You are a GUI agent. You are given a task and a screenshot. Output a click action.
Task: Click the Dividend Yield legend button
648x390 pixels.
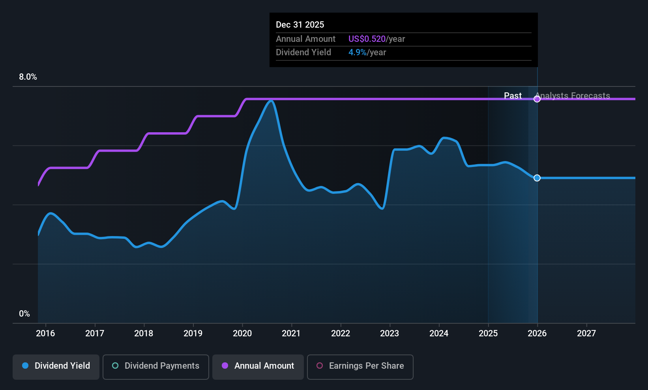(56, 366)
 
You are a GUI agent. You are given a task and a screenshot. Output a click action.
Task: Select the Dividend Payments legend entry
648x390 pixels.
(156, 366)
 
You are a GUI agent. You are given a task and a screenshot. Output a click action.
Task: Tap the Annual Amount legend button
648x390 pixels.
(258, 366)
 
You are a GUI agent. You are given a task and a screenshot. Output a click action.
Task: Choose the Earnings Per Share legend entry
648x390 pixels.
(360, 366)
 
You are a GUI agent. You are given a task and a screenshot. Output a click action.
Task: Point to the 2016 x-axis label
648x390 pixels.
(45, 333)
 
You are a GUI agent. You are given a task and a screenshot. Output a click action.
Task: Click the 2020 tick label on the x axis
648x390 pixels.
(242, 333)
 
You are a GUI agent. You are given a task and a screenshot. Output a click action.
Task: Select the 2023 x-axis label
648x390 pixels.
(390, 333)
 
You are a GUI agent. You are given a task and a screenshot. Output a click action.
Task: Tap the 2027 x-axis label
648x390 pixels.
(586, 333)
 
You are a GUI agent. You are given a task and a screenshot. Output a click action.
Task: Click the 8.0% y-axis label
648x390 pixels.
(28, 77)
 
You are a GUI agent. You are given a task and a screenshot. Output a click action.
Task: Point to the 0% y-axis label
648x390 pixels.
(24, 314)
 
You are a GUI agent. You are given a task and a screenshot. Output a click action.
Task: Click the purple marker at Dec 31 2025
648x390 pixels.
(537, 99)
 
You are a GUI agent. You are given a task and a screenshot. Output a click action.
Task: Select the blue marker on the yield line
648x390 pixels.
(537, 178)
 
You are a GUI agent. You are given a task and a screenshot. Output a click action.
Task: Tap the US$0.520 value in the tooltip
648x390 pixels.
(367, 39)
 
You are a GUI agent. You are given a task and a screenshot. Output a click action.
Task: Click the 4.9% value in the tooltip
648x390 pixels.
(357, 52)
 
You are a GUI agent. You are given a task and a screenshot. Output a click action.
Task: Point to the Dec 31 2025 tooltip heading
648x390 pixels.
(300, 25)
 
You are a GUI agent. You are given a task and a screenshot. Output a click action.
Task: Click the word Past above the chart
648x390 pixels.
(513, 96)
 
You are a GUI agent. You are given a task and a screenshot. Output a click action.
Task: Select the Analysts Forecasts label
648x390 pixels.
(573, 96)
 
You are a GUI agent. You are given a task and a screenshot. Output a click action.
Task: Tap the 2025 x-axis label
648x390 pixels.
(488, 333)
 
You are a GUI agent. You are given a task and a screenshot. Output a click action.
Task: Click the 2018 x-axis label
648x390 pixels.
(144, 333)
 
